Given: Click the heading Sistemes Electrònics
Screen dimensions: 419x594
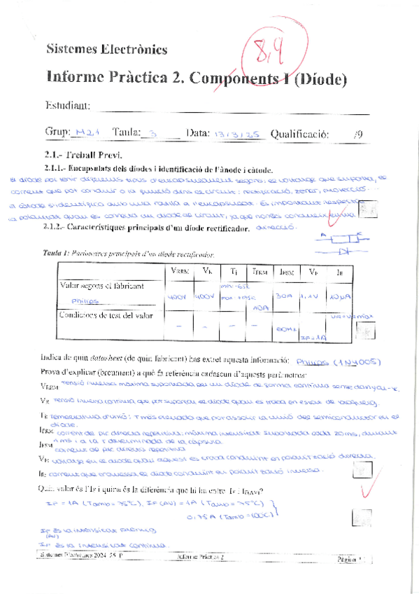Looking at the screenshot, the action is tap(106, 49).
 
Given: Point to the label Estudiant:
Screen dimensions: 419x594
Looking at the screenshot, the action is tap(67, 105).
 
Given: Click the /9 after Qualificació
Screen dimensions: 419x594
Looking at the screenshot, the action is tap(357, 133).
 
